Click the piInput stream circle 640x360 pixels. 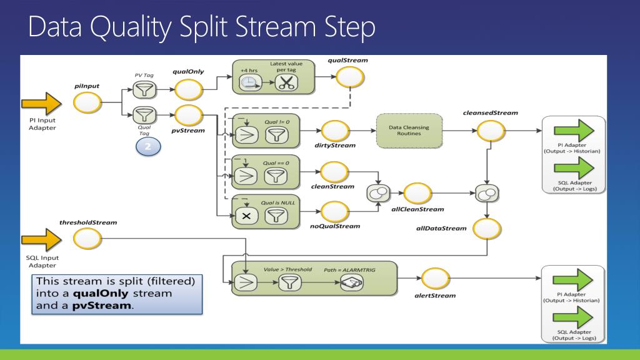click(87, 102)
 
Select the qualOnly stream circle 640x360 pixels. click(189, 90)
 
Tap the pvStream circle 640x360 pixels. click(189, 116)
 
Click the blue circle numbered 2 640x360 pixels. click(148, 146)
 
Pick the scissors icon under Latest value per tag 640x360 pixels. click(286, 83)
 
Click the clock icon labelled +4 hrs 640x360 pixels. click(250, 83)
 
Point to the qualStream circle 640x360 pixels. click(350, 77)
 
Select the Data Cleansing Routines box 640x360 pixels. click(409, 131)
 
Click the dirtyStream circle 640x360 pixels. click(335, 131)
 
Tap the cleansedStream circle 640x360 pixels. click(491, 131)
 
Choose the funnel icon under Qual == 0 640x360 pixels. click(276, 176)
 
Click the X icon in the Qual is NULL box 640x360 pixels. click(246, 216)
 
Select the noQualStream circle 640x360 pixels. click(335, 212)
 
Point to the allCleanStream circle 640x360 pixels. click(417, 193)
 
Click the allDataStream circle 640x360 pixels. click(487, 229)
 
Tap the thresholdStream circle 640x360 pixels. click(87, 239)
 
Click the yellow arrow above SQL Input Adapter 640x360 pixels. click(42, 239)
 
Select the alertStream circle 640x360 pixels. click(436, 278)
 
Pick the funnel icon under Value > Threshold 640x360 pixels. click(290, 282)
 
